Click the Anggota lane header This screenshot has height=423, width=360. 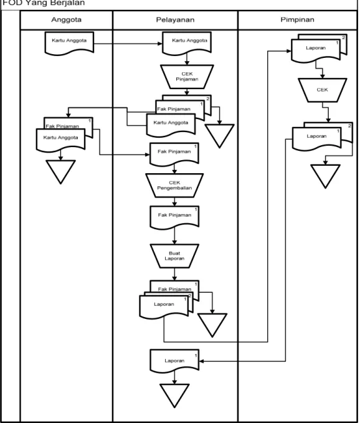[x=67, y=20]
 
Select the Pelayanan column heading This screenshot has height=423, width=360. [x=175, y=20]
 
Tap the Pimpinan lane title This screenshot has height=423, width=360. [x=297, y=20]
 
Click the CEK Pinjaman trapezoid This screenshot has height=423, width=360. [x=187, y=77]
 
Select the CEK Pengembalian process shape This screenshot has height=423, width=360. [x=174, y=185]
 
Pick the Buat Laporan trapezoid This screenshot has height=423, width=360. [x=174, y=256]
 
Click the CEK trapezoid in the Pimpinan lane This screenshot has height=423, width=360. [x=322, y=90]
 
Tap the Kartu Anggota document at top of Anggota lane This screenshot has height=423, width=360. [x=69, y=43]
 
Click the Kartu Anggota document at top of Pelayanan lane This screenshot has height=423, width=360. [x=187, y=43]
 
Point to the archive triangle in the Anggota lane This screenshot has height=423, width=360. [x=60, y=171]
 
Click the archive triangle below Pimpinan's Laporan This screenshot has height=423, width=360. [x=325, y=175]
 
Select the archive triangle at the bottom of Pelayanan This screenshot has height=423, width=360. [x=174, y=394]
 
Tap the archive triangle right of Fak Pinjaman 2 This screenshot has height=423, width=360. [x=219, y=135]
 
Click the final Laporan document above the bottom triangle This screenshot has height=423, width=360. [x=174, y=361]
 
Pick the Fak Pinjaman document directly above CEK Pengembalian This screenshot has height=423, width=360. [x=174, y=154]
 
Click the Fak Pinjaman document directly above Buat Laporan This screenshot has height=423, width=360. [x=174, y=217]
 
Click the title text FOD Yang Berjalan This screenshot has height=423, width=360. [x=43, y=3]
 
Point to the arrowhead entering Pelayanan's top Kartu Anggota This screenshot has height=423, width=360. [x=160, y=44]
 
